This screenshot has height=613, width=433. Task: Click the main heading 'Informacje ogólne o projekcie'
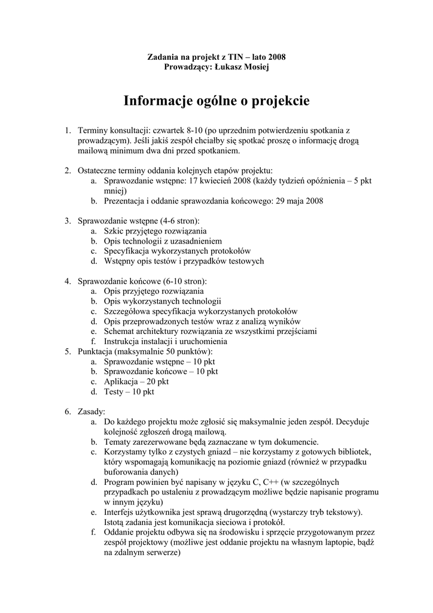(x=216, y=101)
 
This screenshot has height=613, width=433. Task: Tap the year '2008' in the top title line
(x=276, y=57)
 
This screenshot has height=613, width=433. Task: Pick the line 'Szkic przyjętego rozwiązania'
(x=155, y=230)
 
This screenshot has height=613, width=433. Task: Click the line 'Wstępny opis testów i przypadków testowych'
(x=184, y=261)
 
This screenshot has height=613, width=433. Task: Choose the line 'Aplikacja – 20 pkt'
(x=136, y=381)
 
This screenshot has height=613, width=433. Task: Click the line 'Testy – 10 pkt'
(x=129, y=392)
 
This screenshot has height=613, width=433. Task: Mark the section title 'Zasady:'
(x=92, y=412)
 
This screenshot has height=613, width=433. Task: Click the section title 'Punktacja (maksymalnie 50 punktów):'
(x=145, y=351)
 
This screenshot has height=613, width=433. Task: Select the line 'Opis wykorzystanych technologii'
(x=162, y=301)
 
